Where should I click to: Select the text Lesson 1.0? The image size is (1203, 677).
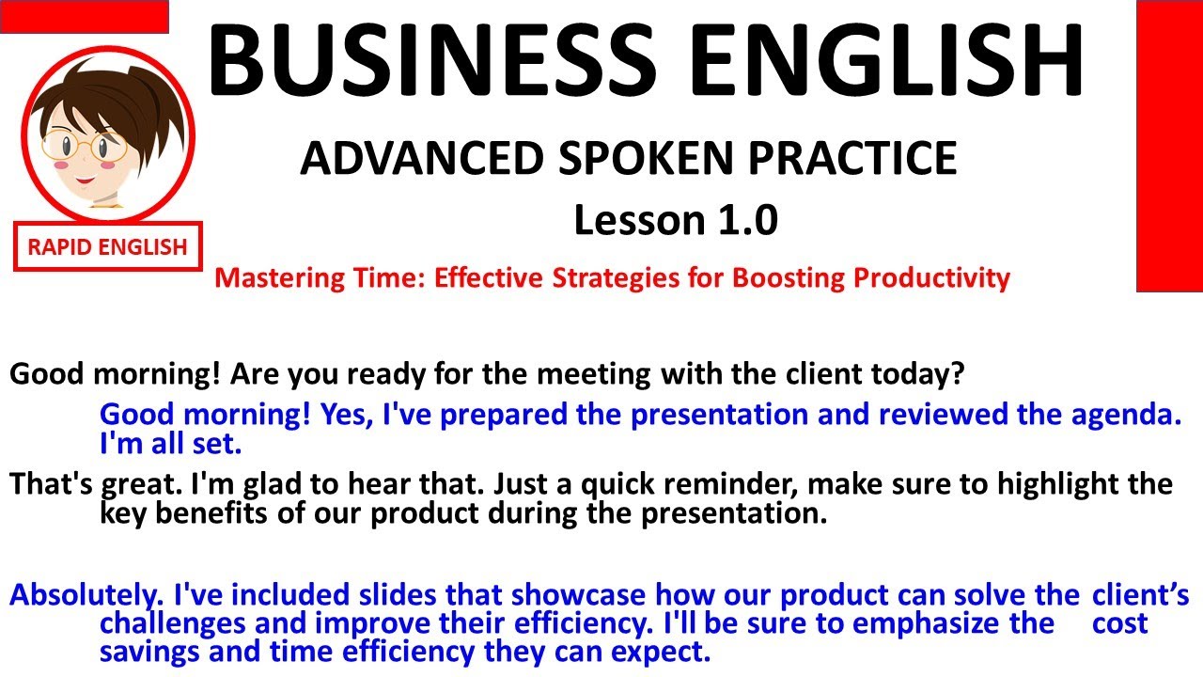pyautogui.click(x=676, y=221)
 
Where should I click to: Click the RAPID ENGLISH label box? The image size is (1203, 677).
pyautogui.click(x=107, y=247)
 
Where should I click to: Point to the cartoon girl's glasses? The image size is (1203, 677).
pyautogui.click(x=85, y=146)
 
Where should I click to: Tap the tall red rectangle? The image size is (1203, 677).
pyautogui.click(x=1169, y=146)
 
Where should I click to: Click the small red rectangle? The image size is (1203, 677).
pyautogui.click(x=84, y=16)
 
